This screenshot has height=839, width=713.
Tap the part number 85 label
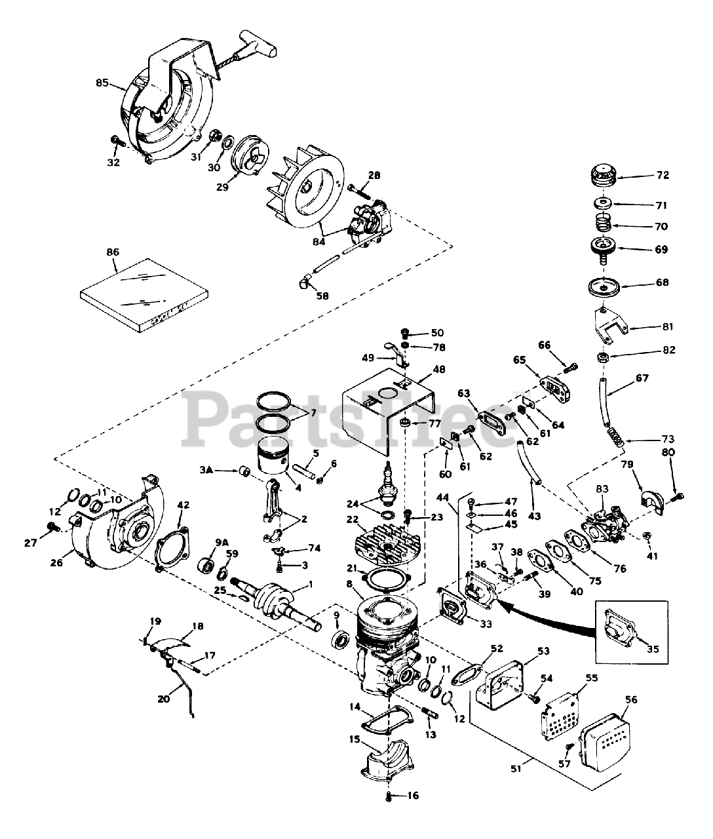[102, 83]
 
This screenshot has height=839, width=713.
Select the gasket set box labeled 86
[144, 296]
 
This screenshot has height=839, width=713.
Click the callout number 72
[663, 176]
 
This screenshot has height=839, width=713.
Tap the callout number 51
[516, 769]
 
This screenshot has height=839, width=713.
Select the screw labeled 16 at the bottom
[389, 797]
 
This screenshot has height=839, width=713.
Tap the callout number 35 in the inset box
[653, 650]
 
